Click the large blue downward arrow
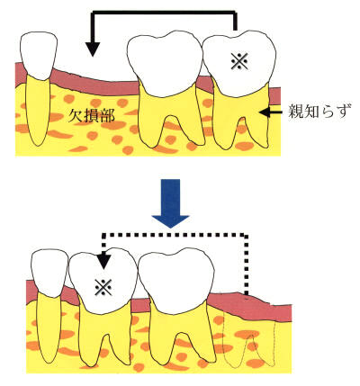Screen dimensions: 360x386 point(170,203)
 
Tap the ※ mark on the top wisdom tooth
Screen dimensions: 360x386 point(239,61)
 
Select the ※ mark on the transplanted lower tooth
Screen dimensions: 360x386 point(103,287)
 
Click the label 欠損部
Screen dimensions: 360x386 point(91,116)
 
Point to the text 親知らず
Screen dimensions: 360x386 point(319,112)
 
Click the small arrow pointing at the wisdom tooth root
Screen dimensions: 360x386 point(271,112)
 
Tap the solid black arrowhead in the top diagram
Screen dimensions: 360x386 point(93,49)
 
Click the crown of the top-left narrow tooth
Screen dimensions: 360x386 point(39,56)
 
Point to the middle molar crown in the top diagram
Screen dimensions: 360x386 point(165,65)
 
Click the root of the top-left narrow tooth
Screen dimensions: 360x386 point(38,111)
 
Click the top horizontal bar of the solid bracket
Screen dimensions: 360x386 point(164,13)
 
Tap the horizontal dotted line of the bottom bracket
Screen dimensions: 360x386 point(175,235)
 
